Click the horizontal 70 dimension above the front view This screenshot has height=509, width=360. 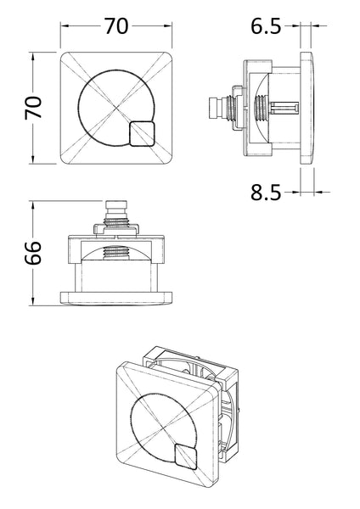coord(116,25)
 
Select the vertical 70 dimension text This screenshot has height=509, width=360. coord(32,109)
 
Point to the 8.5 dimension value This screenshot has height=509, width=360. coord(266,194)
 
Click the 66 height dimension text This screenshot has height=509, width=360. coord(32,254)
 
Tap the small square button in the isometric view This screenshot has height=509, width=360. coord(187,456)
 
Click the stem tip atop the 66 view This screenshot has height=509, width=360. coord(116,205)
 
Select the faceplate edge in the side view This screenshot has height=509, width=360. coord(309,109)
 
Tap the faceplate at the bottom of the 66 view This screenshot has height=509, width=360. coord(116,297)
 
